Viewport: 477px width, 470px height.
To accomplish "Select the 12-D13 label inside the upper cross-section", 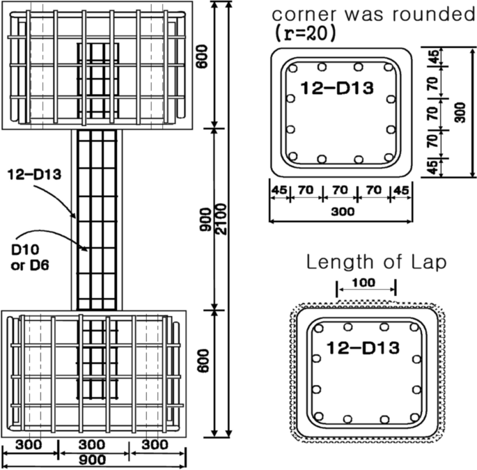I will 337,87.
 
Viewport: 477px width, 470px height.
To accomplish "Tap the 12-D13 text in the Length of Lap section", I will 363,347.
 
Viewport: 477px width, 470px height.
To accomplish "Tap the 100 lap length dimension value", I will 366,282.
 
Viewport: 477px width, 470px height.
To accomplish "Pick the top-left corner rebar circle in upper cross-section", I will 293,68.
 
